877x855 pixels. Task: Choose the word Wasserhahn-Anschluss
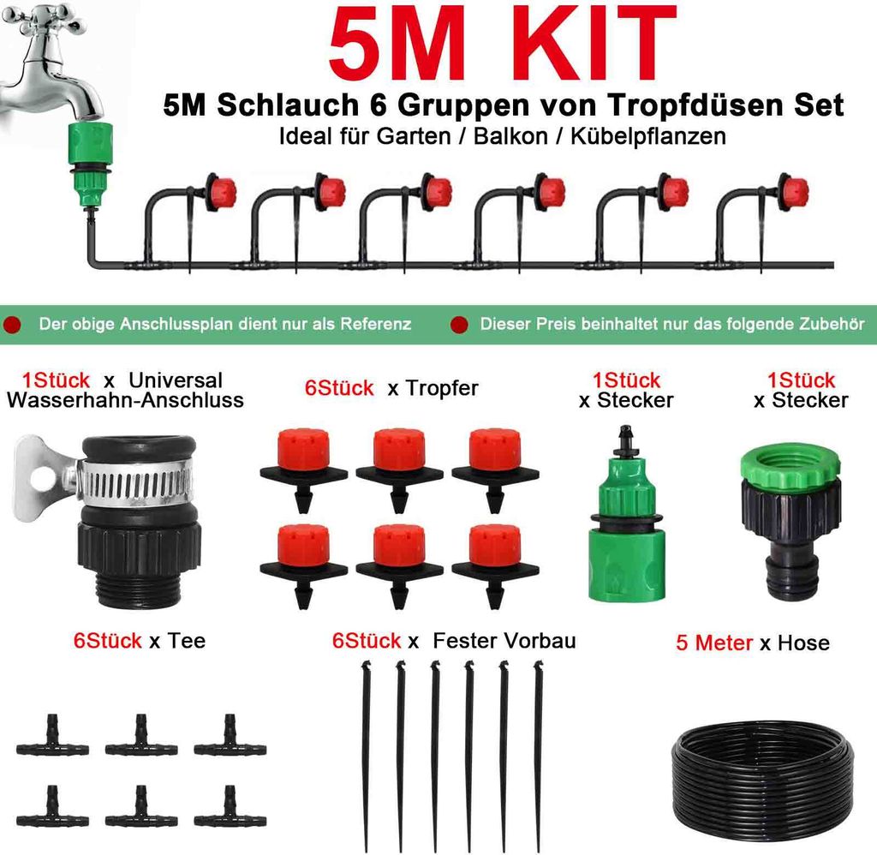click(x=124, y=400)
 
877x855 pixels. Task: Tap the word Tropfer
click(x=442, y=389)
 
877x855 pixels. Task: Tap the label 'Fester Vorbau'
click(x=504, y=641)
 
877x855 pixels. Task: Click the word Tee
click(x=188, y=641)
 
